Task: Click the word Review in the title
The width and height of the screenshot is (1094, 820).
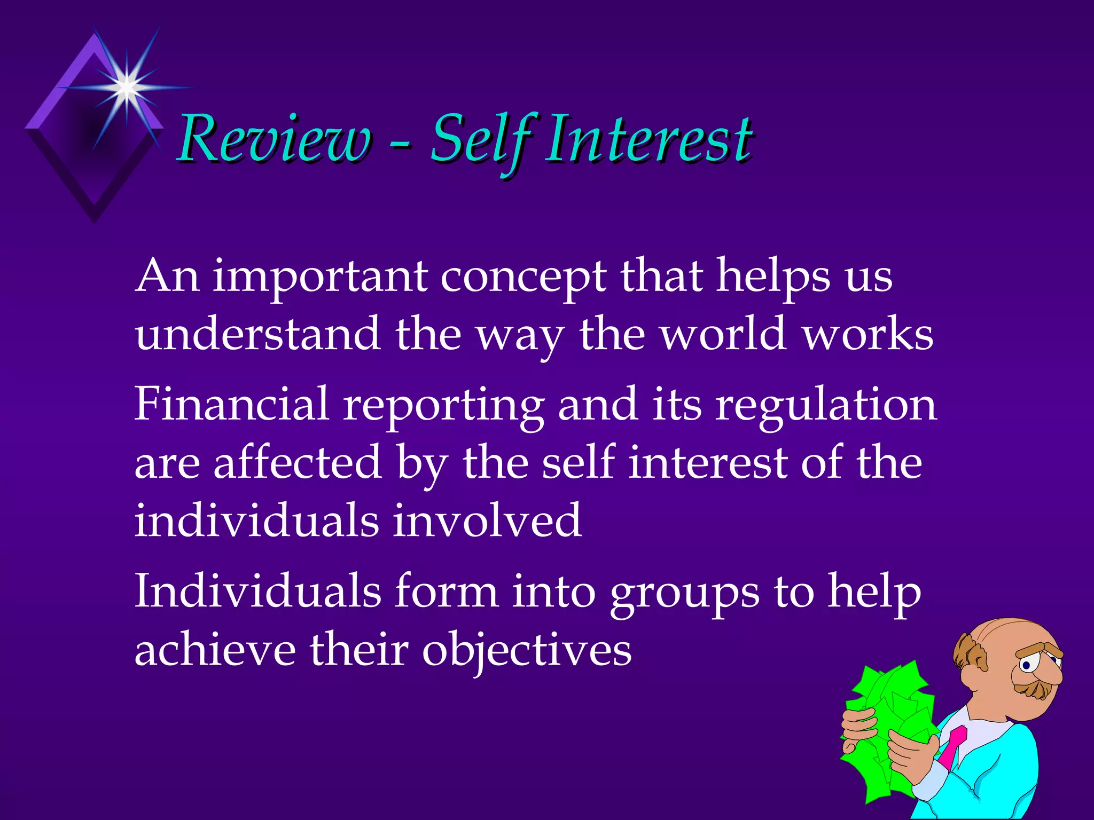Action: tap(274, 140)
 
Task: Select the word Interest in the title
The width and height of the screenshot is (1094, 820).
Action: tap(648, 140)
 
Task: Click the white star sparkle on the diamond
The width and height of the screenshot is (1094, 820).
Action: tap(127, 86)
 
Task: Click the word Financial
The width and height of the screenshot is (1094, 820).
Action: tap(231, 404)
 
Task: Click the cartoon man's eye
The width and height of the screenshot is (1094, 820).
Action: tap(1026, 665)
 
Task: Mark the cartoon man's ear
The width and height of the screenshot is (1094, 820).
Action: tap(973, 655)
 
